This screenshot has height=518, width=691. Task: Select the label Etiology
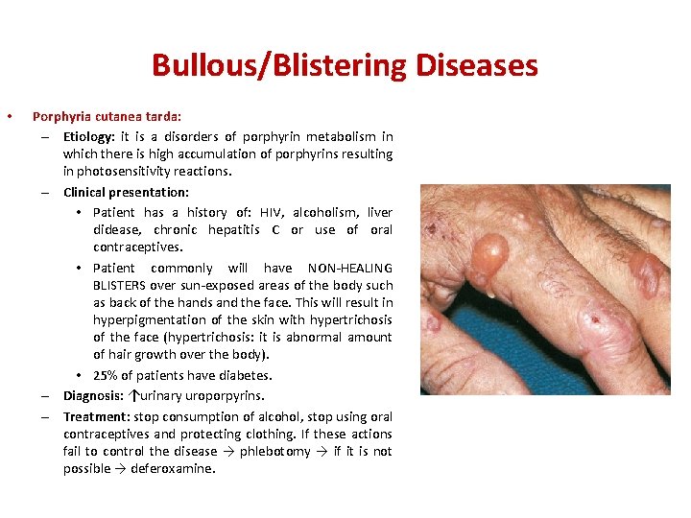click(x=87, y=136)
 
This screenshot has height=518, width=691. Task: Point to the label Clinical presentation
click(x=126, y=192)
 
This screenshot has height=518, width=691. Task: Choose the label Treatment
click(x=94, y=416)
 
